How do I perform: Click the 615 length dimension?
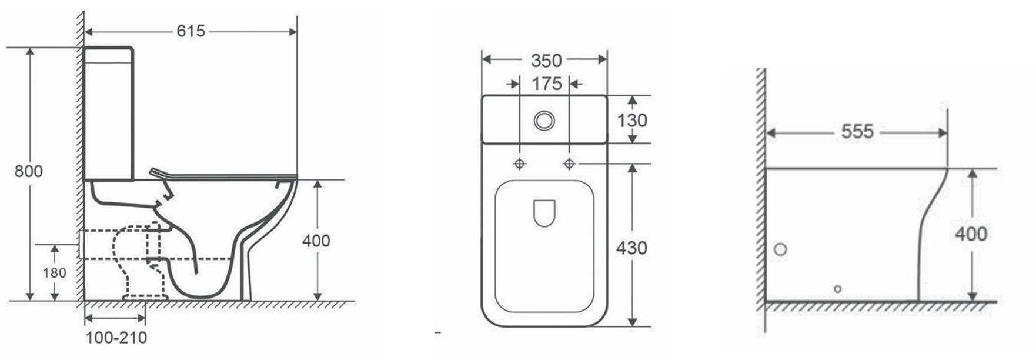click(191, 31)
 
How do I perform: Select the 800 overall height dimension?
click(28, 171)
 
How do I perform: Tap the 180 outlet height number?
click(54, 273)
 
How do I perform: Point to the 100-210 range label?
click(116, 338)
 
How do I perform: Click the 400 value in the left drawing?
click(316, 241)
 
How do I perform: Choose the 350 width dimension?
click(547, 61)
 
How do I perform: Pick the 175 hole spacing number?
click(547, 84)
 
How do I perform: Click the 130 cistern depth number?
click(632, 120)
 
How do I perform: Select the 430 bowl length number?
click(631, 248)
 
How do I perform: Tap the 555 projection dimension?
click(857, 132)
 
